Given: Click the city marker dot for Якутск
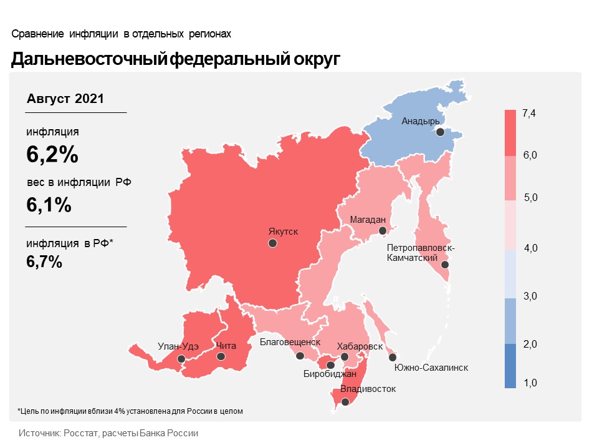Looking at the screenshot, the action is tap(272, 243).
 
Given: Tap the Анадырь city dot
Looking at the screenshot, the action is tap(440, 132).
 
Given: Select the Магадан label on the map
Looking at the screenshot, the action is tap(368, 220).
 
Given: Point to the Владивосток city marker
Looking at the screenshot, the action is tap(345, 402).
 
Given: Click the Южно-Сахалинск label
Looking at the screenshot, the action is tap(431, 368).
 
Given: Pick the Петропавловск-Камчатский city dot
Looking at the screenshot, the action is tap(445, 265).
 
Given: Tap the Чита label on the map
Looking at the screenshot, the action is tap(226, 346).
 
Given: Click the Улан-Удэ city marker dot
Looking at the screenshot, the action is tap(181, 358).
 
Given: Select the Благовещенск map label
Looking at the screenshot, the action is tap(290, 342).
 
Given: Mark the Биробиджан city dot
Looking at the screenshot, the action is tap(330, 365).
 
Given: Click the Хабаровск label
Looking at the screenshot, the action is tap(360, 346).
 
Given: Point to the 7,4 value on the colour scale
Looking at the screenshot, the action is tap(528, 113).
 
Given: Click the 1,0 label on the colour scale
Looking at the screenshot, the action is tap(530, 383).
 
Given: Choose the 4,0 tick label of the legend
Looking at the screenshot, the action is tap(530, 248).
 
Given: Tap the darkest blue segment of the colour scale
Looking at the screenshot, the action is tap(510, 366).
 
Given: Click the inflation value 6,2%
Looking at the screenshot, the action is tap(52, 154).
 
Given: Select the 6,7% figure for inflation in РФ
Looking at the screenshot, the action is tap(44, 262).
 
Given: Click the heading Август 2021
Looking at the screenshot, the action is tap(65, 99).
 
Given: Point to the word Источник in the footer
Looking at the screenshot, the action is tap(39, 433).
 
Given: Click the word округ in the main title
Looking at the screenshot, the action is tap(317, 59).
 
